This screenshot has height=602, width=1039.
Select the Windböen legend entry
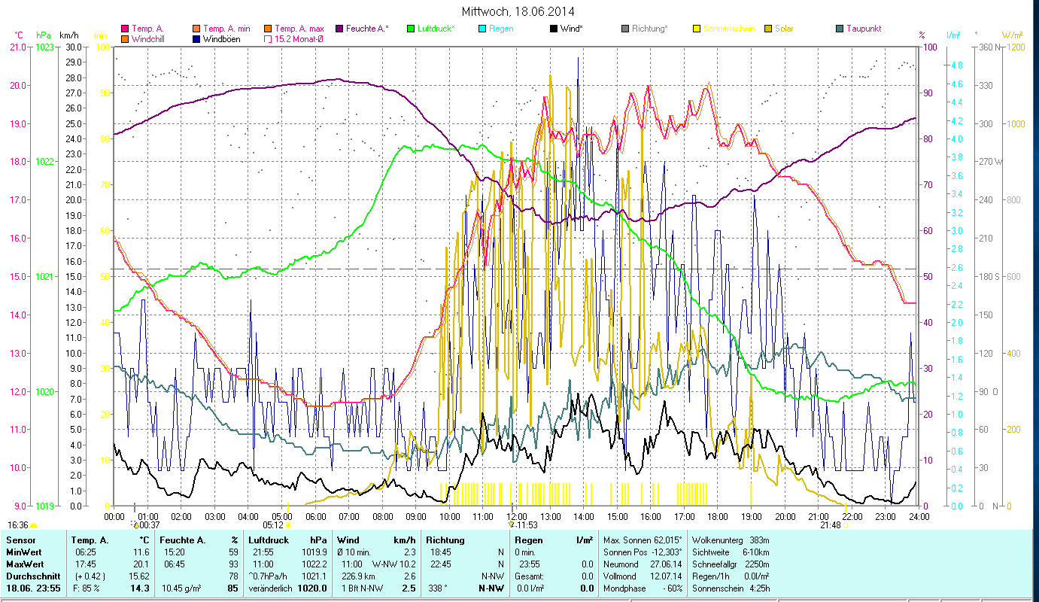[x=221, y=38]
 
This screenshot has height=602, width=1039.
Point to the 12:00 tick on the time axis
[x=517, y=516]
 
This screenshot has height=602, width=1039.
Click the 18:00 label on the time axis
[x=718, y=516]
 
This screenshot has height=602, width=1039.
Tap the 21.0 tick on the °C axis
[x=17, y=47]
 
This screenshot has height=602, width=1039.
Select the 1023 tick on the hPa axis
[x=45, y=47]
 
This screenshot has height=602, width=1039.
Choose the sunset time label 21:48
[x=830, y=524]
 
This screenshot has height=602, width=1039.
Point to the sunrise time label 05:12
[x=273, y=524]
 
